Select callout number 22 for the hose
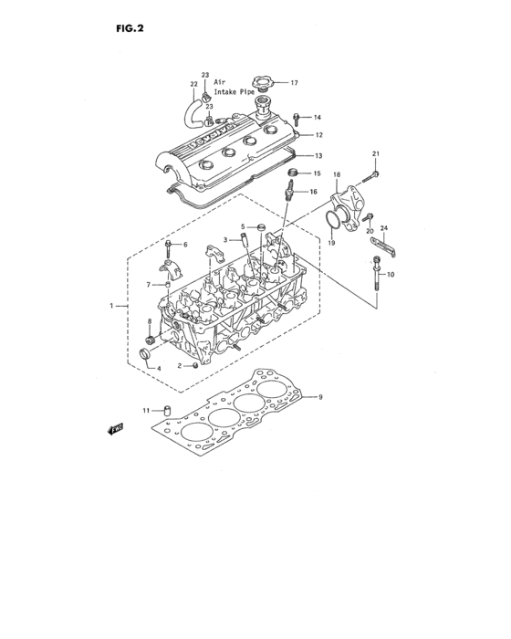(193, 84)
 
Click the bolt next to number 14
(296, 119)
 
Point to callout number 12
(319, 135)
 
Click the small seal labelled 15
(293, 173)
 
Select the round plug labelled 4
(144, 354)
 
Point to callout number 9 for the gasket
(319, 397)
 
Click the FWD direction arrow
(116, 427)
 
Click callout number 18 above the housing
(336, 173)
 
